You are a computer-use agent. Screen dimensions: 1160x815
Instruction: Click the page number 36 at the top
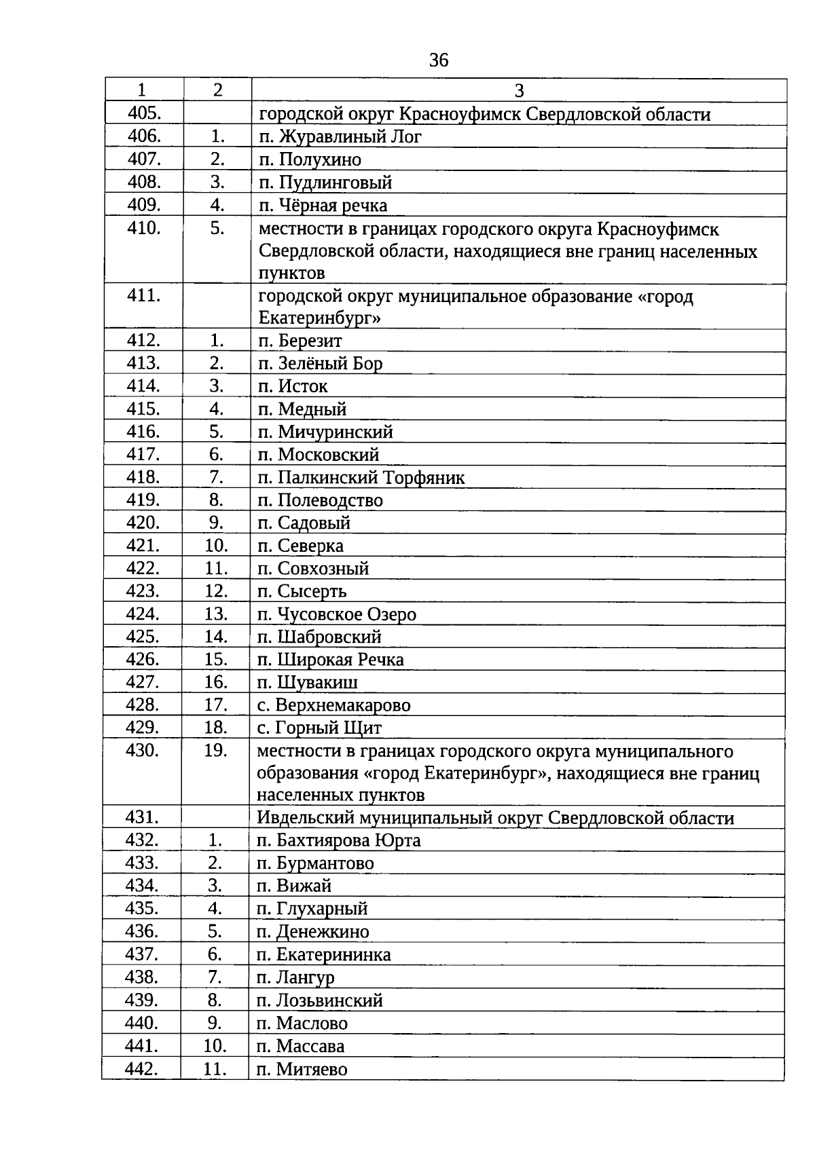pyautogui.click(x=439, y=61)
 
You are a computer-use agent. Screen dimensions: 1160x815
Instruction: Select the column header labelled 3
pyautogui.click(x=519, y=90)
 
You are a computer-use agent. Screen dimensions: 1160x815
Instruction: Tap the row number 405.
pyautogui.click(x=144, y=113)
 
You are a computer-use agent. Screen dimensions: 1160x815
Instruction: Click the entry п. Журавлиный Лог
pyautogui.click(x=340, y=136)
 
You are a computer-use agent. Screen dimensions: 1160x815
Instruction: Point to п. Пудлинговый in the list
pyautogui.click(x=325, y=182)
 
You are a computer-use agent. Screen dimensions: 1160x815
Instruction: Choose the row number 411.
pyautogui.click(x=144, y=296)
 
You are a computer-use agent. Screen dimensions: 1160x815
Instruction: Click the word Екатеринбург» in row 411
pyautogui.click(x=319, y=318)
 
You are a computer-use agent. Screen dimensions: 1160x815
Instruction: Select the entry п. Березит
pyautogui.click(x=300, y=341)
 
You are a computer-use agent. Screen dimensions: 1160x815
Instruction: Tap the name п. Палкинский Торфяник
pyautogui.click(x=361, y=477)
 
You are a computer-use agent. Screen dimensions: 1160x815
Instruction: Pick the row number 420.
pyautogui.click(x=143, y=523)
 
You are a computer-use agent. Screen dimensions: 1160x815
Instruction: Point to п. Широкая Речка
pyautogui.click(x=331, y=660)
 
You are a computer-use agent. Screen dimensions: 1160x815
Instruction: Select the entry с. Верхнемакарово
pyautogui.click(x=334, y=705)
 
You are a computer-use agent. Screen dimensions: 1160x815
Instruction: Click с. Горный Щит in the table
pyautogui.click(x=320, y=728)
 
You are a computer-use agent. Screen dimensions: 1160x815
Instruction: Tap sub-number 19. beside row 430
pyautogui.click(x=215, y=751)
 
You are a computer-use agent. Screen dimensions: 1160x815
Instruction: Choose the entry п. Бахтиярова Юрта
pyautogui.click(x=339, y=840)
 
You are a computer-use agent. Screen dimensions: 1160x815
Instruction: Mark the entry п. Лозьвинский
pyautogui.click(x=320, y=1000)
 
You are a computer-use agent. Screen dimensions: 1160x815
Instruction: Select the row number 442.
pyautogui.click(x=142, y=1069)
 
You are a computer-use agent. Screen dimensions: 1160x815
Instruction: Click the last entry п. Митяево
pyautogui.click(x=302, y=1070)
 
